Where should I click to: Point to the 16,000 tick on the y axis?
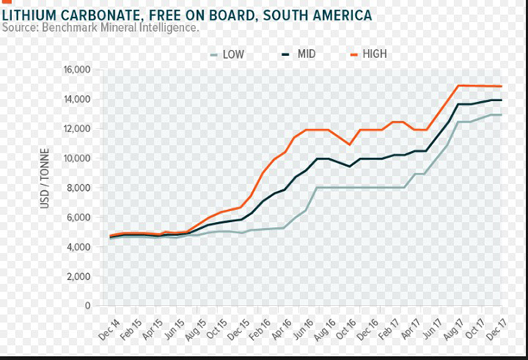tap(76, 70)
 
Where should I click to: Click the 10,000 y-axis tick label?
tap(76, 158)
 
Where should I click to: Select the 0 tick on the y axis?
tap(87, 306)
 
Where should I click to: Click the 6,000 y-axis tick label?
tap(78, 217)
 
